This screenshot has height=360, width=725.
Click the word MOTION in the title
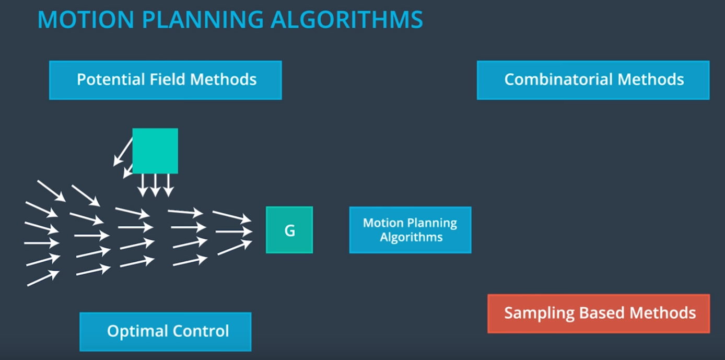(86, 19)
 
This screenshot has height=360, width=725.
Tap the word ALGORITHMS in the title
(347, 19)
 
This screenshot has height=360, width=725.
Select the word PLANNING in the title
(203, 19)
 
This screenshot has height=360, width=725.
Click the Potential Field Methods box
(166, 80)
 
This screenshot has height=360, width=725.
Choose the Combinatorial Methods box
(593, 80)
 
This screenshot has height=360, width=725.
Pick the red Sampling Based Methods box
(599, 313)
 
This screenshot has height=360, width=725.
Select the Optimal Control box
(166, 331)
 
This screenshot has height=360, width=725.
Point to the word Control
(201, 331)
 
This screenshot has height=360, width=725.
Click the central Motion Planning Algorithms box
(410, 230)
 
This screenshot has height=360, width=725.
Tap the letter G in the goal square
(290, 230)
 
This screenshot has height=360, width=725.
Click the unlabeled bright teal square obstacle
(155, 151)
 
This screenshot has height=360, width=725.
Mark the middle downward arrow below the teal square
(155, 185)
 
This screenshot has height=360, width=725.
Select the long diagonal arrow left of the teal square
(123, 152)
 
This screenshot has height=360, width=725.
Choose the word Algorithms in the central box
(411, 237)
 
